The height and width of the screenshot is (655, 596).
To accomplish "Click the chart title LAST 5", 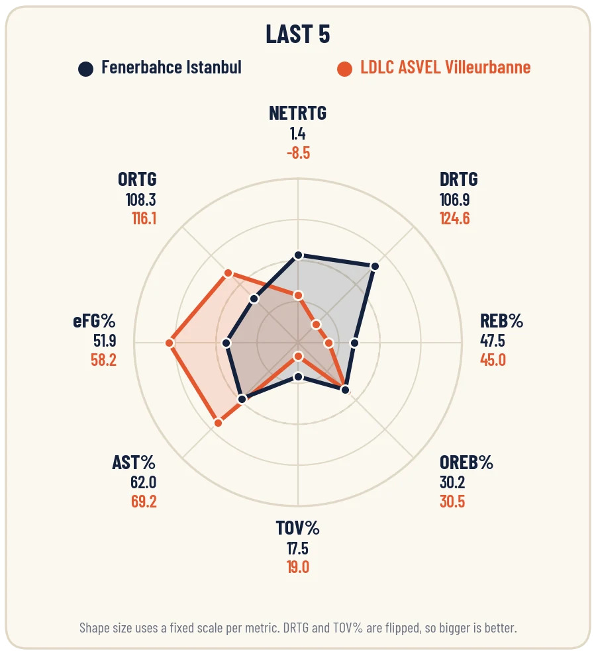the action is coord(298,34).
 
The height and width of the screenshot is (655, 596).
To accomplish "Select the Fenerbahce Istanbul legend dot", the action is coord(85,69).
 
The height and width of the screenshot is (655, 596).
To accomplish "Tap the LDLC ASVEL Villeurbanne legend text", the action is coord(446,67).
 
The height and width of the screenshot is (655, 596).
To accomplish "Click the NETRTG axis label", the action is coord(298,113).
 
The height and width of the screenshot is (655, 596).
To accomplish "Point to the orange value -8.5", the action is coord(298,153).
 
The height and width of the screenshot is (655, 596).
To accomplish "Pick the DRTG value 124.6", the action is coord(455,218).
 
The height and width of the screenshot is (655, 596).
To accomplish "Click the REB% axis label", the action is coord(501,321).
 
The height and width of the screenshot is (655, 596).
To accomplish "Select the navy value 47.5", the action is coord(492,341).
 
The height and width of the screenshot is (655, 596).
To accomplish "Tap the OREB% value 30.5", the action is coord(452,502).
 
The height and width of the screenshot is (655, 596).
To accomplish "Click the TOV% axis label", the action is coord(298,529).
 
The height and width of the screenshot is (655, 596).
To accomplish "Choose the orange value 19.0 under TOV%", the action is coord(298,567).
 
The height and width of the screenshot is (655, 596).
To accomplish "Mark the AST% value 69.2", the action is coord(144,502).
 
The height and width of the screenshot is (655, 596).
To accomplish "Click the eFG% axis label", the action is coord(94,321).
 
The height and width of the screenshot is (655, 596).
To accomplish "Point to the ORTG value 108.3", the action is coord(141,200).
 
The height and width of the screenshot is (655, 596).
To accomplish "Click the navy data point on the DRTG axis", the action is coord(375,267).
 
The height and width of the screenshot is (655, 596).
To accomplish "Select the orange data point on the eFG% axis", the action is coord(170,343).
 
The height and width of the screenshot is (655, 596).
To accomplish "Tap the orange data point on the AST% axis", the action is coord(219,423).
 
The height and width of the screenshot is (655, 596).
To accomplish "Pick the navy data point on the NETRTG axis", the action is coord(298,255).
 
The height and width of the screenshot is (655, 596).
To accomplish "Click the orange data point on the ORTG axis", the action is coord(228,273).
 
